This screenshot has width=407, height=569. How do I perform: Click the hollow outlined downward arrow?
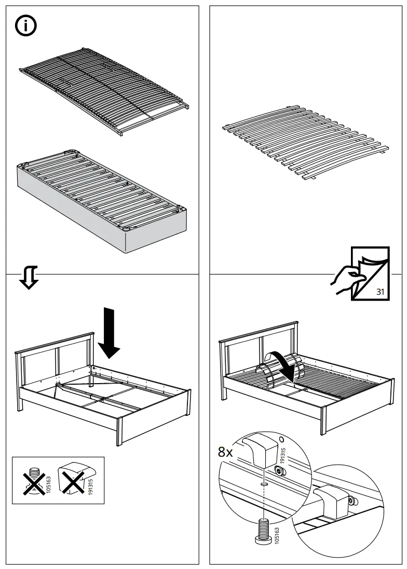(29, 278)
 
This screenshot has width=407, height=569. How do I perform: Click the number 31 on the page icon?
(380, 292)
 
